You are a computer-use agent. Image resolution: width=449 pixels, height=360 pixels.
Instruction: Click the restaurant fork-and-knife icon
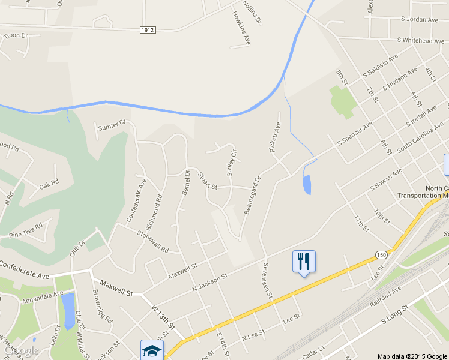[x=304, y=261]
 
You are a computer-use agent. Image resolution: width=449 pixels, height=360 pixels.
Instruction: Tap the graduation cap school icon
[x=151, y=350]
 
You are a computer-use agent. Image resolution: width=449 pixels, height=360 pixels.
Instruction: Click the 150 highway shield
[x=381, y=255]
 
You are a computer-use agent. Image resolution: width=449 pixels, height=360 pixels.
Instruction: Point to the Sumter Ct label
[x=111, y=124]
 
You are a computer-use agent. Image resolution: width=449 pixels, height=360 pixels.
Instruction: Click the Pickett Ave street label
[x=276, y=137]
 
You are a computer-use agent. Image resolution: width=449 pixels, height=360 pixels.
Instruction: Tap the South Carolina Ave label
[x=420, y=139]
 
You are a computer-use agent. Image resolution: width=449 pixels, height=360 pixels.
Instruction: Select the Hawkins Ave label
[x=241, y=29]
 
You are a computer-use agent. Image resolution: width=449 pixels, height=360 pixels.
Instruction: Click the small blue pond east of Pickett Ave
[x=307, y=185]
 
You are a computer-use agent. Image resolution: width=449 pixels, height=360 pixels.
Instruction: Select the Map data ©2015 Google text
[x=412, y=356]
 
